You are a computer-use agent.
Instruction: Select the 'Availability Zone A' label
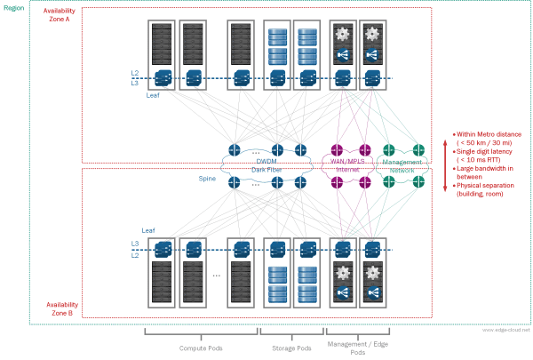point(59,15)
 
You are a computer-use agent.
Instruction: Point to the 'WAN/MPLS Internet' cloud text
point(350,164)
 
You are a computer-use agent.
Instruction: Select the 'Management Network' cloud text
point(401,165)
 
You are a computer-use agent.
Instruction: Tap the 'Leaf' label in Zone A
point(153,92)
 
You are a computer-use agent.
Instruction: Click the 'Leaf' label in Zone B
point(148,228)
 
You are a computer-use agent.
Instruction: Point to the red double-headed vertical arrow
point(444,160)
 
